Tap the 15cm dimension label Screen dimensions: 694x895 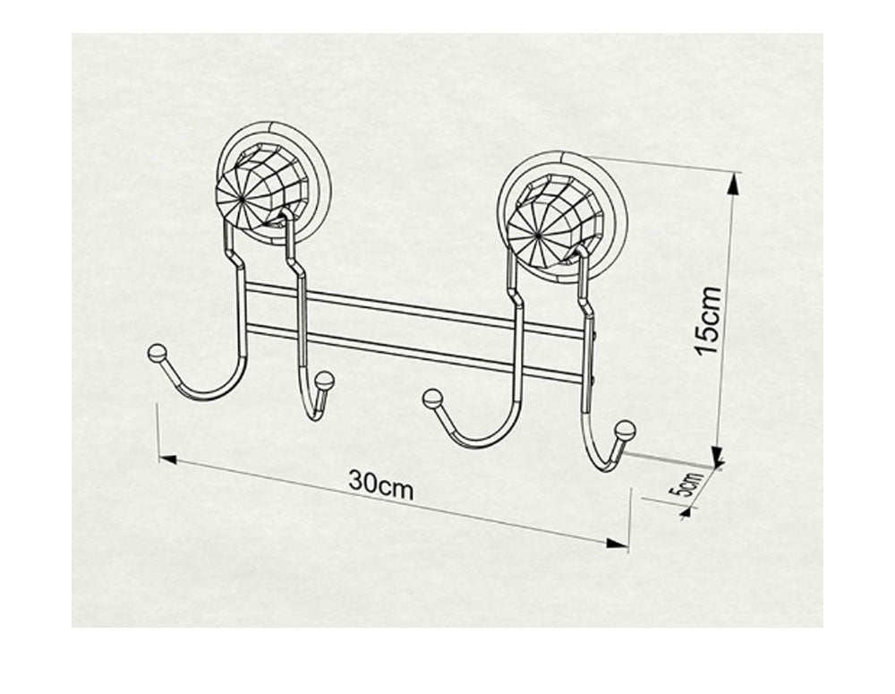point(708,320)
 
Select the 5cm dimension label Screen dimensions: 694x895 point(686,484)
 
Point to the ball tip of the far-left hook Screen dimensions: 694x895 point(157,354)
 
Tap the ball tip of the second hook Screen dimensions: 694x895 point(324,381)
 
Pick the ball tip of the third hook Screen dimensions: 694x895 point(432,398)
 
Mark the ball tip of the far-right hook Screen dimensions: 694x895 point(625,430)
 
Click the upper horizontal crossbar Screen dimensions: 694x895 point(412,309)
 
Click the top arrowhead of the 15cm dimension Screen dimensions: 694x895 point(734,183)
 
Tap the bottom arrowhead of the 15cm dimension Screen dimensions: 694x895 point(718,457)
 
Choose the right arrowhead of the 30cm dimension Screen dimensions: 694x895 point(617,543)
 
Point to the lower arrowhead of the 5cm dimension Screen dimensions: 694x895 point(686,512)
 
